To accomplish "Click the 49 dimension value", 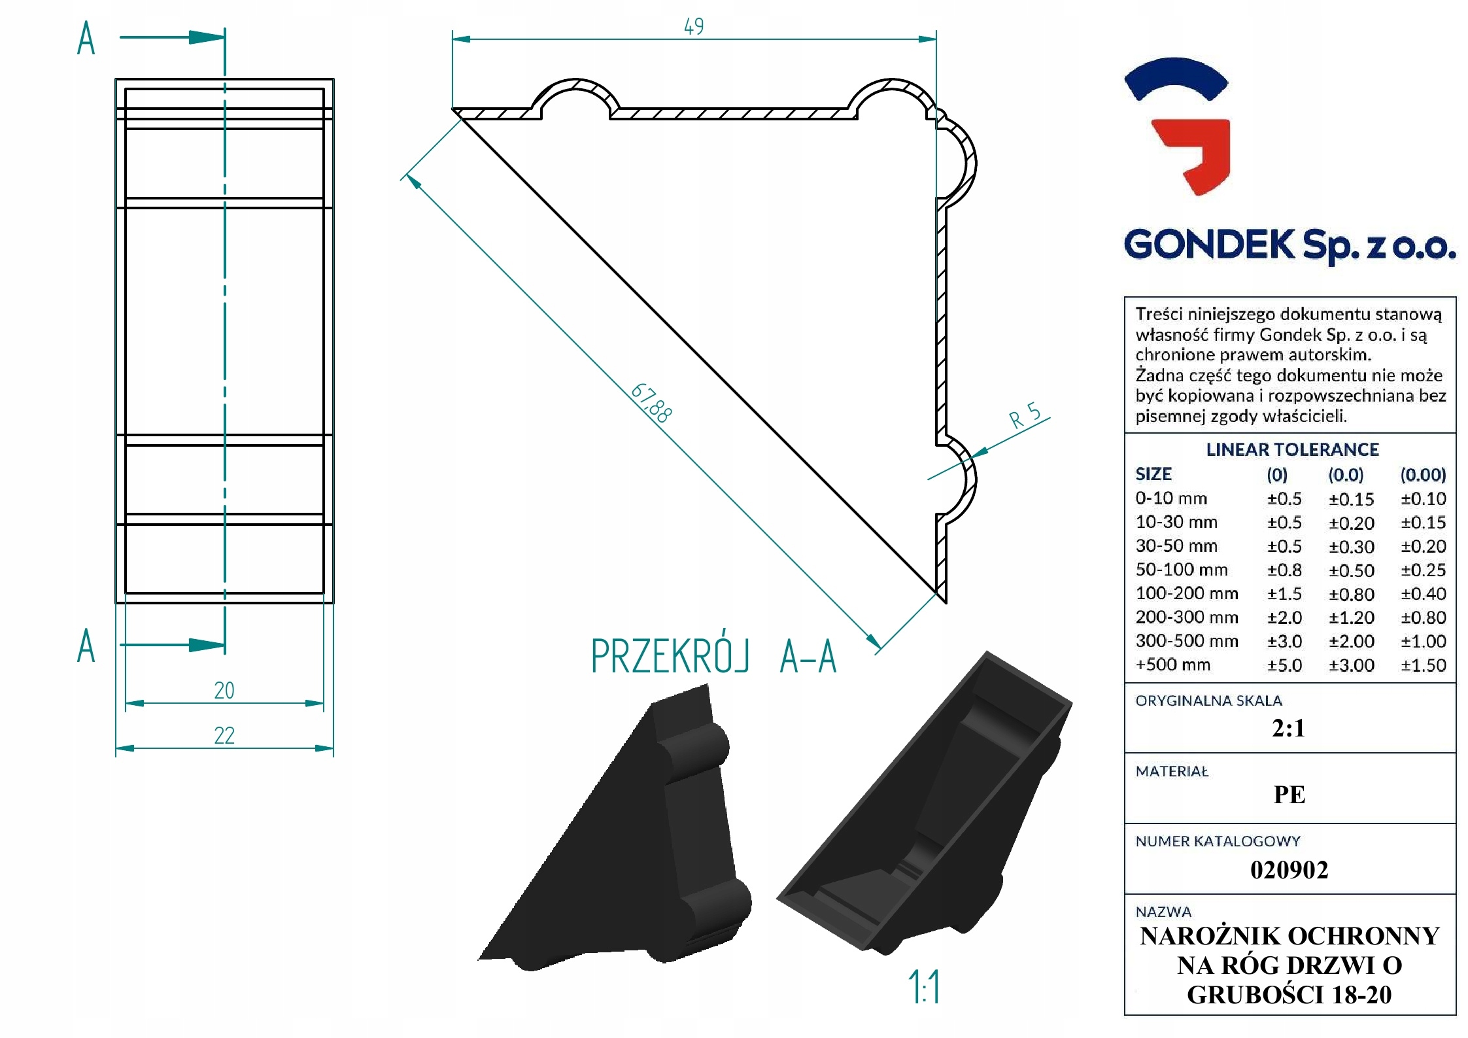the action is (x=694, y=27).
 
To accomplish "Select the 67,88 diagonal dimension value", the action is (x=651, y=403).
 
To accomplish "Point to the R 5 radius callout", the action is (x=1025, y=415).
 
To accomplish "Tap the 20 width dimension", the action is (x=224, y=691).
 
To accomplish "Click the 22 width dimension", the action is (x=224, y=736).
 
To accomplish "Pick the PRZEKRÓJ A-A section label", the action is (x=713, y=657).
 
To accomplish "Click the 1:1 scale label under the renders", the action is (x=925, y=987).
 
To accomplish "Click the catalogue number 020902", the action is (x=1289, y=870).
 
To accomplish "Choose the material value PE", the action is (x=1289, y=795).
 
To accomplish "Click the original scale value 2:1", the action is (x=1288, y=728).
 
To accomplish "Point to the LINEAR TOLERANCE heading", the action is (x=1292, y=450).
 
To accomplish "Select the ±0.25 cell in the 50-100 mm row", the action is (x=1423, y=570).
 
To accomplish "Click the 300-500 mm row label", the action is (x=1187, y=641).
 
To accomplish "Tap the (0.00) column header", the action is (x=1423, y=475).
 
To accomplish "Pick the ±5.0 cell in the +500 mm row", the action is (x=1284, y=666).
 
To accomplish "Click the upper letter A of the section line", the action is (x=86, y=39).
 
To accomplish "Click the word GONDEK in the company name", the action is (x=1209, y=245).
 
